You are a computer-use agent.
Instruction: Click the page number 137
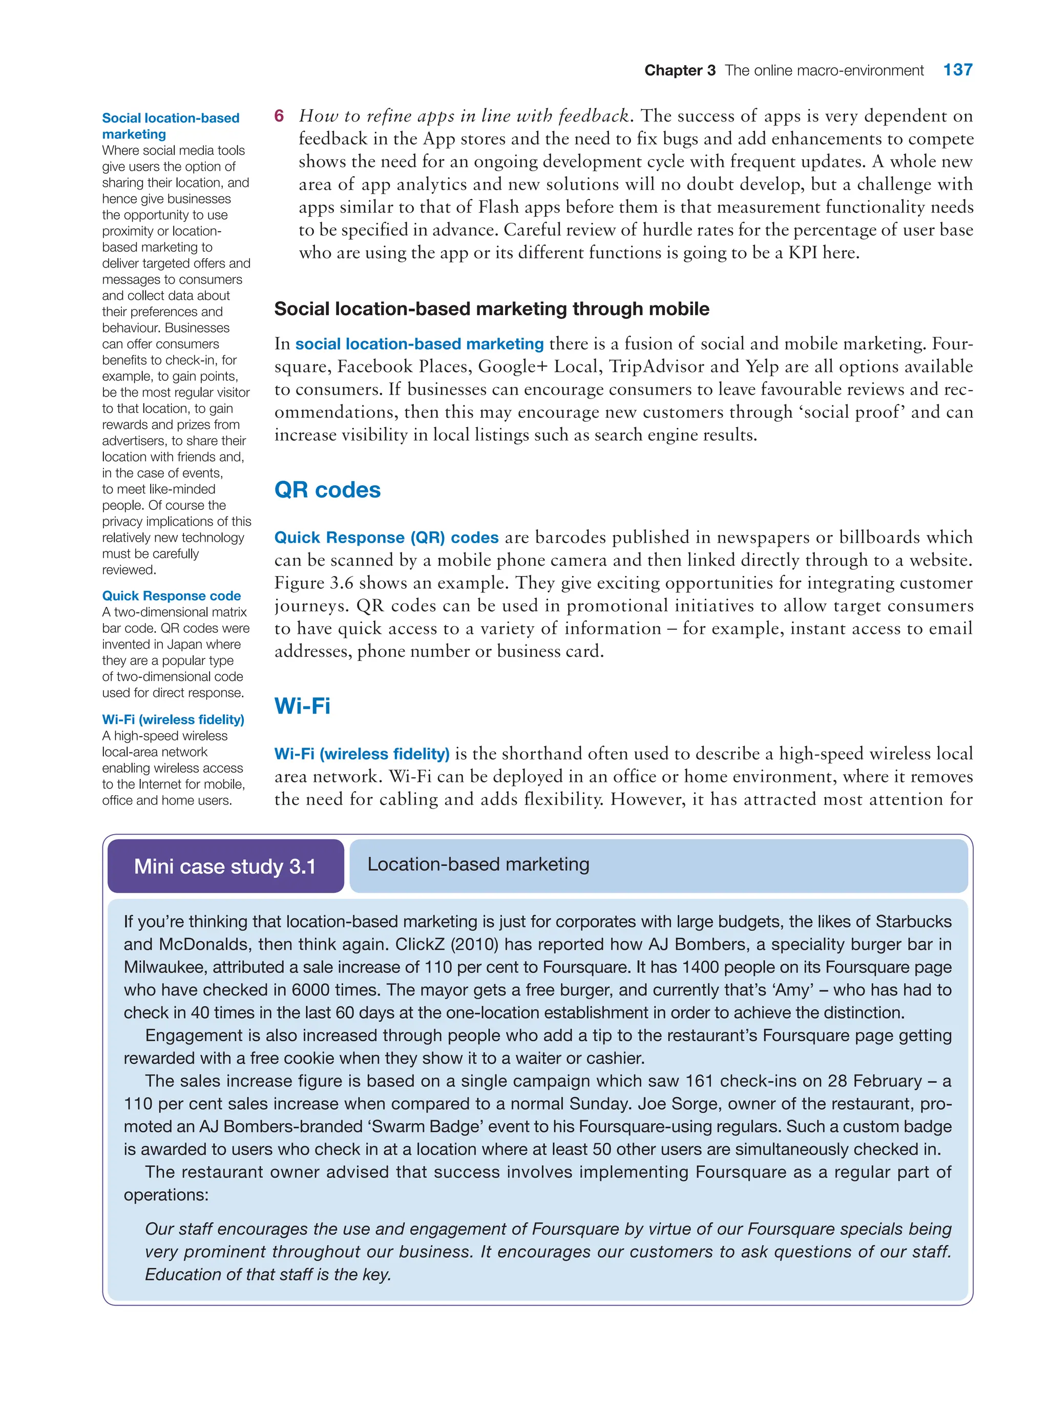(x=957, y=70)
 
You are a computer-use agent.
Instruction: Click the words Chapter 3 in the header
(x=679, y=71)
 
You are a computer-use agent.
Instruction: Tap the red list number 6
(x=279, y=116)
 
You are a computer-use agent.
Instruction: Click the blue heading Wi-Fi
(x=302, y=706)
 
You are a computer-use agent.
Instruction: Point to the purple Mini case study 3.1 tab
(x=225, y=866)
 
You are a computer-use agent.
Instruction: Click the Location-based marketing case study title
(x=478, y=864)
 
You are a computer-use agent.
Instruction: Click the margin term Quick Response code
(x=172, y=596)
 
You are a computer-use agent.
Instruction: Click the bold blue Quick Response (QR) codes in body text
(x=386, y=538)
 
